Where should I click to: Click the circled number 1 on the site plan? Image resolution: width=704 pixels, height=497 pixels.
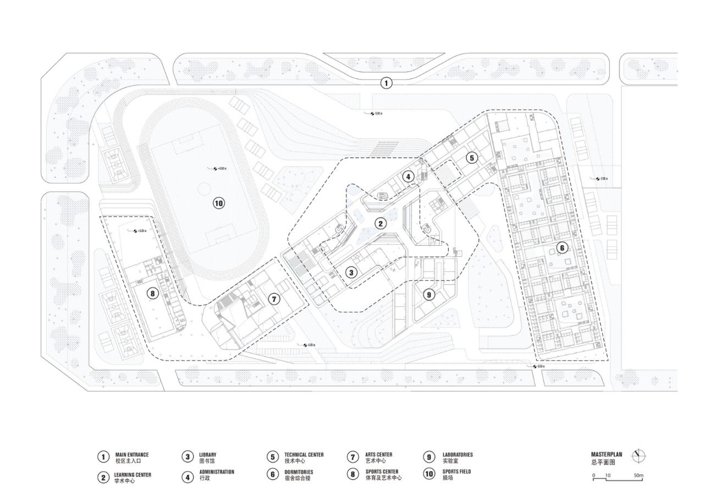(x=387, y=83)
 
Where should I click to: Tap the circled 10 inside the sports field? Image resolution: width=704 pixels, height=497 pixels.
(x=219, y=203)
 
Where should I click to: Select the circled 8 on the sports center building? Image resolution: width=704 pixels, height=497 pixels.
(x=153, y=293)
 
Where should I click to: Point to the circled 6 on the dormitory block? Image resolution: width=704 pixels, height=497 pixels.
(x=562, y=248)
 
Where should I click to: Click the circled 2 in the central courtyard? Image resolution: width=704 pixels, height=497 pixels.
(x=380, y=223)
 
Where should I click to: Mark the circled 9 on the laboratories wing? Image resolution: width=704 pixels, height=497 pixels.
(x=429, y=295)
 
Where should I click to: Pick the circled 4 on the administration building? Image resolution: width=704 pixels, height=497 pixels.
(x=408, y=176)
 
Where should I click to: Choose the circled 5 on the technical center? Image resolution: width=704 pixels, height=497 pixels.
(x=471, y=158)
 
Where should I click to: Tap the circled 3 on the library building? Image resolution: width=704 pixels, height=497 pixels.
(x=351, y=272)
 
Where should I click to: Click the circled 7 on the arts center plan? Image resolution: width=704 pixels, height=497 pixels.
(x=274, y=300)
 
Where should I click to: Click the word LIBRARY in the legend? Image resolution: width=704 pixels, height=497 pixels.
(x=208, y=455)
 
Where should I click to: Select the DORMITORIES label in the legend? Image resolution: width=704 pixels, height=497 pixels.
(x=299, y=472)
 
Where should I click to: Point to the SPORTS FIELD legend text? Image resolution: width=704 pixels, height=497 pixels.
(x=457, y=472)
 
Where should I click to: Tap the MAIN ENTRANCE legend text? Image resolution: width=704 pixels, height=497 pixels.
(x=132, y=455)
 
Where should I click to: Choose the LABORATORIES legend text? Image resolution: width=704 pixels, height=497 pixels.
(x=458, y=455)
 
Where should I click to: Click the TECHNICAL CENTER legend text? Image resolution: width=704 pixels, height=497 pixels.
(x=304, y=455)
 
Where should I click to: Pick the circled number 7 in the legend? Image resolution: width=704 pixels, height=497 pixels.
(x=353, y=457)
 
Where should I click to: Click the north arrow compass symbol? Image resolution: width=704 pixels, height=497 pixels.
(x=639, y=456)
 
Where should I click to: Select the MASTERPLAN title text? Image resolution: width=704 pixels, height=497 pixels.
(x=607, y=455)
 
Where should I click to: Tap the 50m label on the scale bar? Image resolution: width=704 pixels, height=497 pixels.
(x=639, y=475)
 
